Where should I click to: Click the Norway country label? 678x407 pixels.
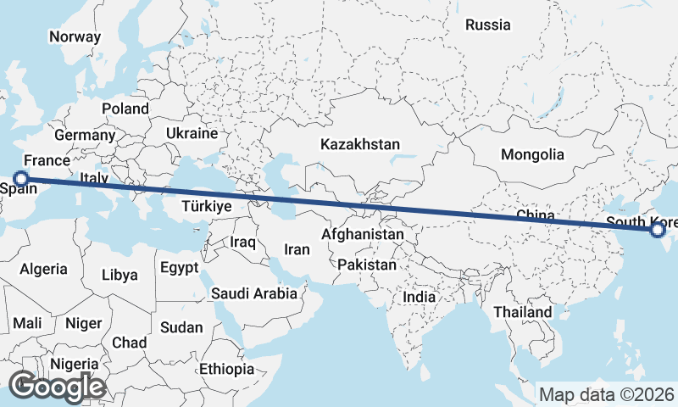tap(75, 36)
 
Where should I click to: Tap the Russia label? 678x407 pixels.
tap(488, 25)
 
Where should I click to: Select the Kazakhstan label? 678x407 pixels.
tap(360, 145)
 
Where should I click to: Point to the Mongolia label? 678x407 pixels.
tap(532, 154)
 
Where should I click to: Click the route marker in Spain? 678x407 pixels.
tap(22, 179)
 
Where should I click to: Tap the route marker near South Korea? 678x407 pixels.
tap(658, 229)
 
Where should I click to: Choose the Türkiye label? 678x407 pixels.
tap(207, 206)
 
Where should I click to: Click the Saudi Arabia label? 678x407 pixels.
tap(254, 293)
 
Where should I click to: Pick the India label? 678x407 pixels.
tap(419, 297)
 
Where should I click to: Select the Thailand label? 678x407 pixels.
tap(523, 312)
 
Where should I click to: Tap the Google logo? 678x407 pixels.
tap(57, 387)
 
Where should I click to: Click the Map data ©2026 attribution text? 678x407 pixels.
tap(607, 394)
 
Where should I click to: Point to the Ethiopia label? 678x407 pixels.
tap(226, 369)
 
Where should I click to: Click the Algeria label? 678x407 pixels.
tap(43, 269)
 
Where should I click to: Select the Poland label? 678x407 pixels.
tap(125, 109)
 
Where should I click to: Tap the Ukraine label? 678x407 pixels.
tap(192, 133)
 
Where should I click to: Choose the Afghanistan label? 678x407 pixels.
tap(363, 233)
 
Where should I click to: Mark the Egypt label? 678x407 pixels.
tap(179, 268)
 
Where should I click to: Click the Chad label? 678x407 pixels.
tap(129, 342)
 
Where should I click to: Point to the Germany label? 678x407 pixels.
tap(85, 135)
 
